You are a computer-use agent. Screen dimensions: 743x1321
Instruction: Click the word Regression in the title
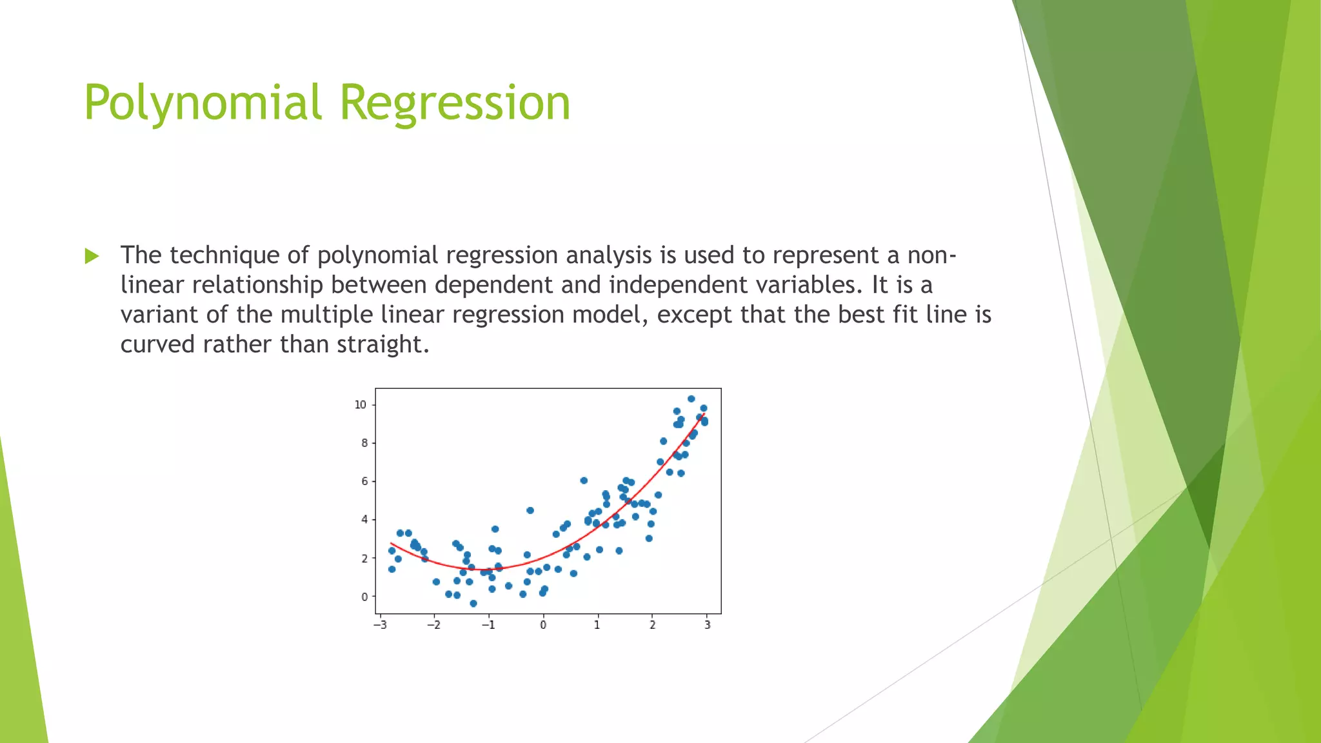pos(455,103)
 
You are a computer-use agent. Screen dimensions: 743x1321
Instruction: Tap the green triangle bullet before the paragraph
pos(92,256)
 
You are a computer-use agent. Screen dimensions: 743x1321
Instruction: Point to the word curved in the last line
pos(157,344)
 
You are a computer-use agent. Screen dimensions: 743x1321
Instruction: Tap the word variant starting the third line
pos(159,315)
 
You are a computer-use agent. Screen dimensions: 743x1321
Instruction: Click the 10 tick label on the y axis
pos(360,405)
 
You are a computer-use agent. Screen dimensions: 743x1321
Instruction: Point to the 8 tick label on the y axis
pos(364,443)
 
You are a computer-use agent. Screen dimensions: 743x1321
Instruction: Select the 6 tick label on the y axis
pos(364,481)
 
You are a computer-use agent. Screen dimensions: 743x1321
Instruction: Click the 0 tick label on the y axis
pos(364,597)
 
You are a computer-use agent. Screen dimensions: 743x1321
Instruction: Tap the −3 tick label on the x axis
pos(380,625)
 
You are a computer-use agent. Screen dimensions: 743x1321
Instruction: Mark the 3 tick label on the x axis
pos(707,625)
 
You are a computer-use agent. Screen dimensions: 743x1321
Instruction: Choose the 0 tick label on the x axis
pos(543,625)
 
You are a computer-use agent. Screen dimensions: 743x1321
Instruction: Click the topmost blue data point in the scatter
pos(691,399)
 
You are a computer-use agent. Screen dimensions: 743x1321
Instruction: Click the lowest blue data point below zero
pos(473,604)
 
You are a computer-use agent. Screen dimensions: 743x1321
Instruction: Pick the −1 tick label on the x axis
pos(488,625)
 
